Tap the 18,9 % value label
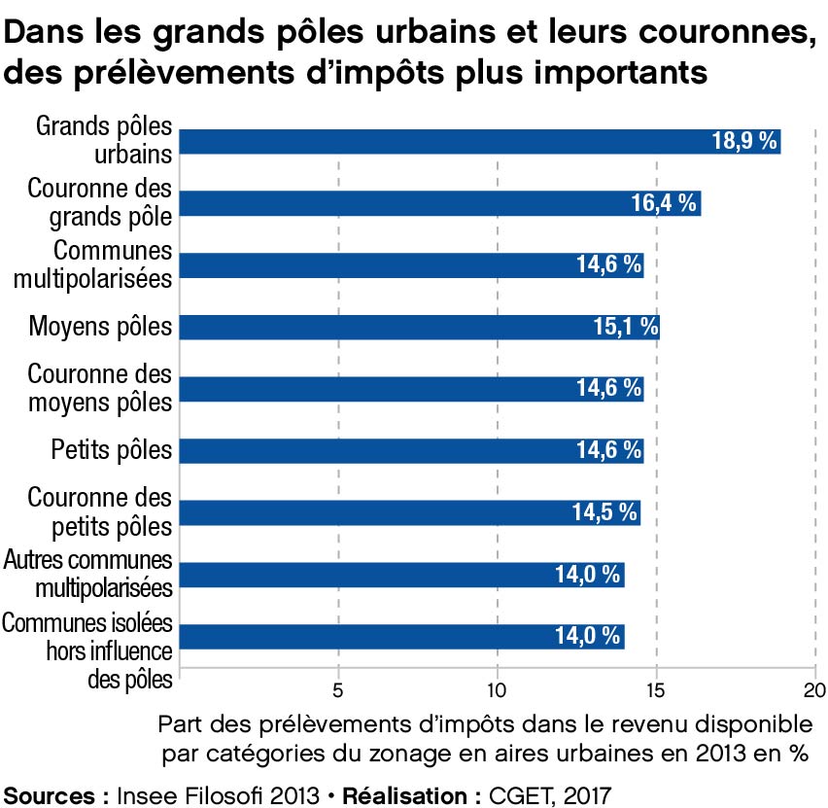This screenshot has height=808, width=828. (x=744, y=141)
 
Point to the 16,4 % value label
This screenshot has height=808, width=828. (x=665, y=202)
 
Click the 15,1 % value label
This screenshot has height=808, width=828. (x=626, y=327)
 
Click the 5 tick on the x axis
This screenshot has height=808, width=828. (x=338, y=693)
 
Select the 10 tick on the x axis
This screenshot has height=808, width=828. (x=498, y=693)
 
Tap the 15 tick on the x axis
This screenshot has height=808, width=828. (x=657, y=693)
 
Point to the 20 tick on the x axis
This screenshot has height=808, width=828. (x=814, y=693)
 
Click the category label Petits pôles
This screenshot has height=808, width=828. (x=111, y=450)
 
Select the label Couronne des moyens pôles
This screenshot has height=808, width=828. (x=100, y=388)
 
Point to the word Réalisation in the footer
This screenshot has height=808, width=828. (x=415, y=794)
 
